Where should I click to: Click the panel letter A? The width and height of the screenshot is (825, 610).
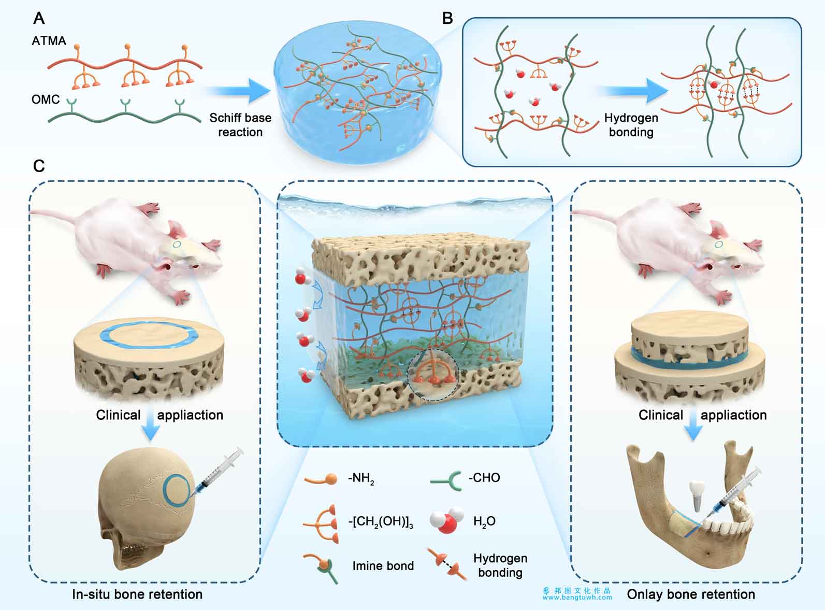39,18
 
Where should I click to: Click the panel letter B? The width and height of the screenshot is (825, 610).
447,18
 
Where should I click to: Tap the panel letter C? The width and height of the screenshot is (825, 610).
39,166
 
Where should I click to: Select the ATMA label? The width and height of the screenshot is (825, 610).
49,40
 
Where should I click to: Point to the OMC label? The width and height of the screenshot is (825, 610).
46,100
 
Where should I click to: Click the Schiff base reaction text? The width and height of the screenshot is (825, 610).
240,125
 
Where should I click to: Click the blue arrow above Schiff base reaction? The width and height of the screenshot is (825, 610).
238,91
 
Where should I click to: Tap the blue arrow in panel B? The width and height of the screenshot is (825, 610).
632,91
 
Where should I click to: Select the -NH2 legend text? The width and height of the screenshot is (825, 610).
361,478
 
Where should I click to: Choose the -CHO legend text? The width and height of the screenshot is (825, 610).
484,477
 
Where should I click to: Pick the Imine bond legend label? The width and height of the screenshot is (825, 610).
383,566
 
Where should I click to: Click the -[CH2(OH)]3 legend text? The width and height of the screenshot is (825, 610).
381,521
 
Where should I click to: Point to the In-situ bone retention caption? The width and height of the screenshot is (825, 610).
137,594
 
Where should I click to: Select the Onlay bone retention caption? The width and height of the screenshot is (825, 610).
691,594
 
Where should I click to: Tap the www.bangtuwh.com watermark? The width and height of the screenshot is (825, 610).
577,598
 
